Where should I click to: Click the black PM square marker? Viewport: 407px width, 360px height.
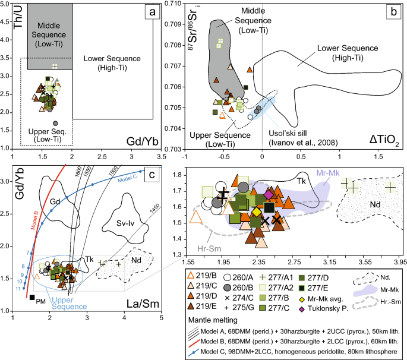tap(32, 298)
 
